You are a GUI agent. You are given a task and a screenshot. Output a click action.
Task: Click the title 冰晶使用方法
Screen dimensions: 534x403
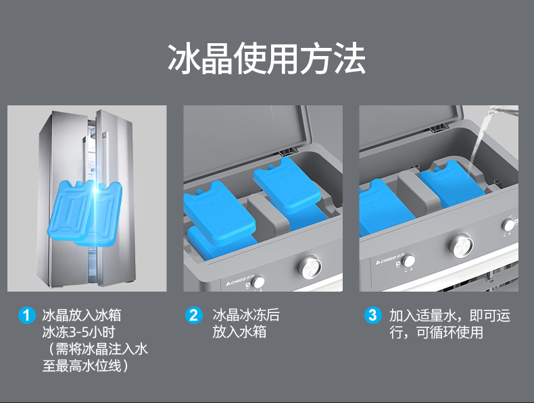[266, 59]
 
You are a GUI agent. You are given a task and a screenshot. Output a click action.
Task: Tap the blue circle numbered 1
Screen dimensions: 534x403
[26, 315]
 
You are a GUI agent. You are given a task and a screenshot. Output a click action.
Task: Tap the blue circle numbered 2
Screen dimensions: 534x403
[194, 315]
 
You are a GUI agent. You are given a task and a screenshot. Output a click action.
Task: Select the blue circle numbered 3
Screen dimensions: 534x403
[372, 315]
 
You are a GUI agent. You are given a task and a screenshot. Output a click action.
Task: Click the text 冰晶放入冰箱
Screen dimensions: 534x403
[82, 315]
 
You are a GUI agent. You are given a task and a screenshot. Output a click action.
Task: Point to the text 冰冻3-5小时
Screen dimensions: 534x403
[78, 332]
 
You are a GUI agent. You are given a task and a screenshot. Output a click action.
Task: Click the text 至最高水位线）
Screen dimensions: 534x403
[85, 366]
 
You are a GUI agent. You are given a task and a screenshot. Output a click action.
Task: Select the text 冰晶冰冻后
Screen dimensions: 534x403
[246, 315]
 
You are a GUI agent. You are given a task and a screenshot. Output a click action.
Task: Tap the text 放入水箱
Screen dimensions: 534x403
[239, 331]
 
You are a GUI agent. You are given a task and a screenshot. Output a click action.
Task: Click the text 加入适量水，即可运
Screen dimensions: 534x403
[450, 315]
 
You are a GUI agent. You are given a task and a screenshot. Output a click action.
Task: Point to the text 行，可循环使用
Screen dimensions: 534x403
[436, 332]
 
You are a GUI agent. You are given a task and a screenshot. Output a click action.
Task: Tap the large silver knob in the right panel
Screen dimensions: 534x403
[462, 245]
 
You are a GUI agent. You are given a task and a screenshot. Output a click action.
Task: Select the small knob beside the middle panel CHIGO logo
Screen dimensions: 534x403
[258, 281]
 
